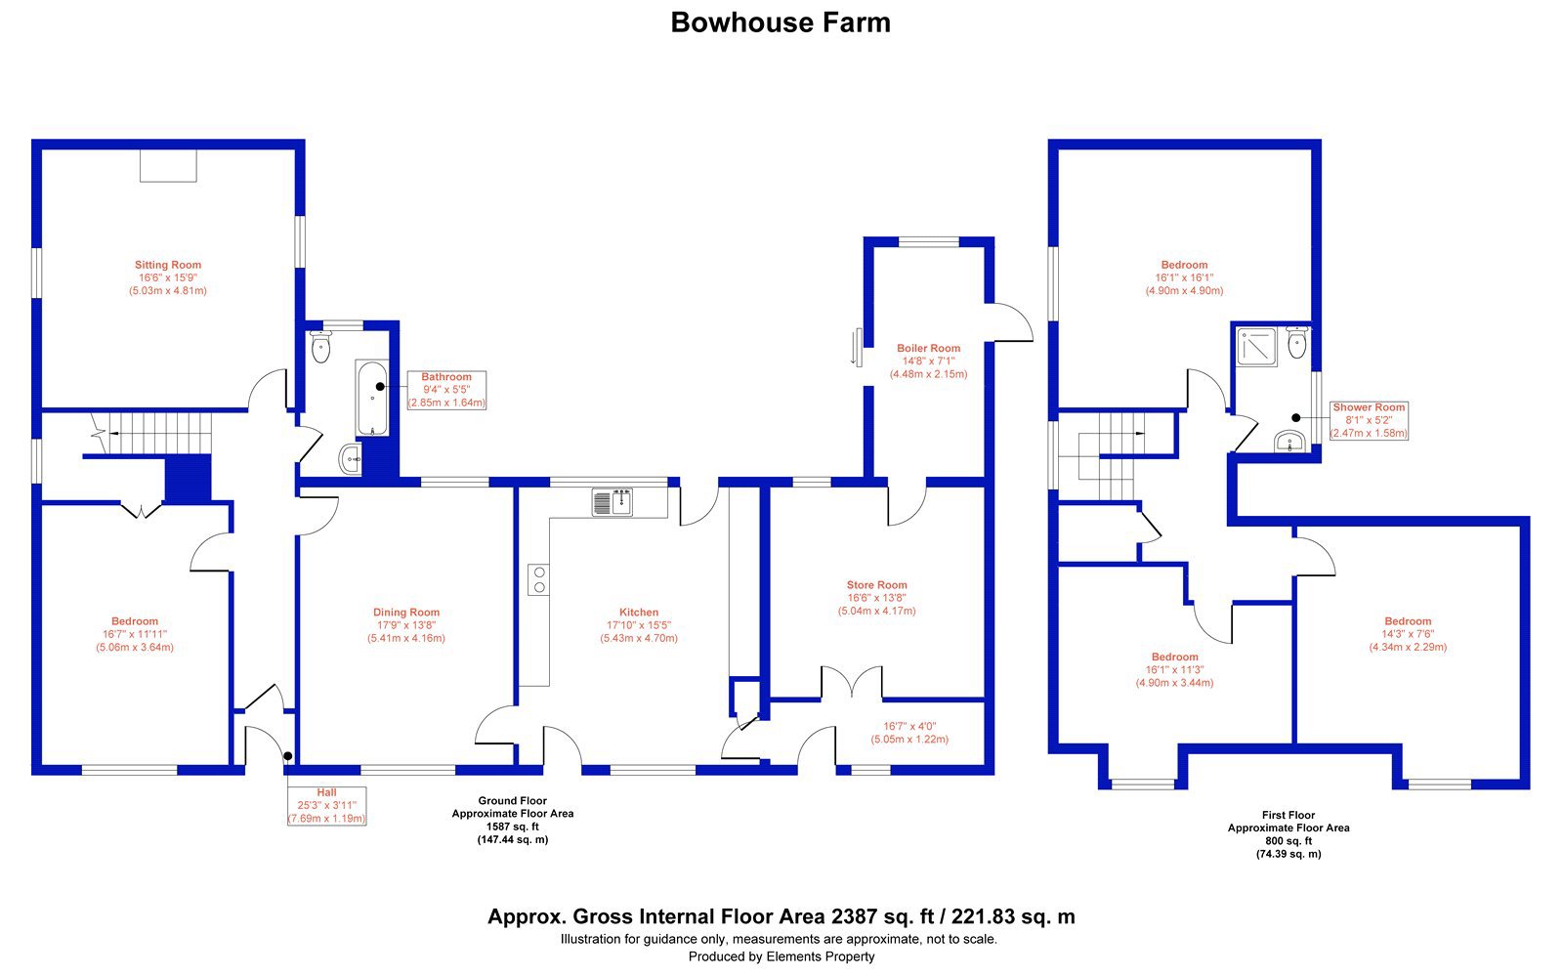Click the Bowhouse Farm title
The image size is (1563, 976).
(x=781, y=22)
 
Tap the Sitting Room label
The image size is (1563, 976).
(x=168, y=265)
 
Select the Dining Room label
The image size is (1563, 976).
(x=406, y=613)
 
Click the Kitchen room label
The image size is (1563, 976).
(x=639, y=613)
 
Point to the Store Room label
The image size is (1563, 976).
(x=877, y=585)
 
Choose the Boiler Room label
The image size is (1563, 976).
(x=929, y=348)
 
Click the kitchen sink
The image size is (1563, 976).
(x=612, y=502)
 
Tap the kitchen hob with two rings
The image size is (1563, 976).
(x=538, y=579)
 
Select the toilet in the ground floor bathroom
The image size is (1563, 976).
(x=321, y=346)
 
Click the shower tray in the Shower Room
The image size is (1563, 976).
(x=1256, y=347)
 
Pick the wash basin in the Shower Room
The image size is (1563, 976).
(x=1289, y=442)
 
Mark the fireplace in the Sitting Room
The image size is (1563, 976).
(x=168, y=166)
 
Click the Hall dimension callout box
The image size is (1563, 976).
(x=326, y=806)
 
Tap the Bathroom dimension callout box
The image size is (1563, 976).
(x=446, y=390)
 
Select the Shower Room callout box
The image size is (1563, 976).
(x=1369, y=421)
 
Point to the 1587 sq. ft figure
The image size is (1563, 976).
(x=513, y=827)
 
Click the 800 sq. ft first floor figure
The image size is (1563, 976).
(x=1288, y=841)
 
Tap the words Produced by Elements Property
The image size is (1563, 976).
(x=781, y=956)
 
